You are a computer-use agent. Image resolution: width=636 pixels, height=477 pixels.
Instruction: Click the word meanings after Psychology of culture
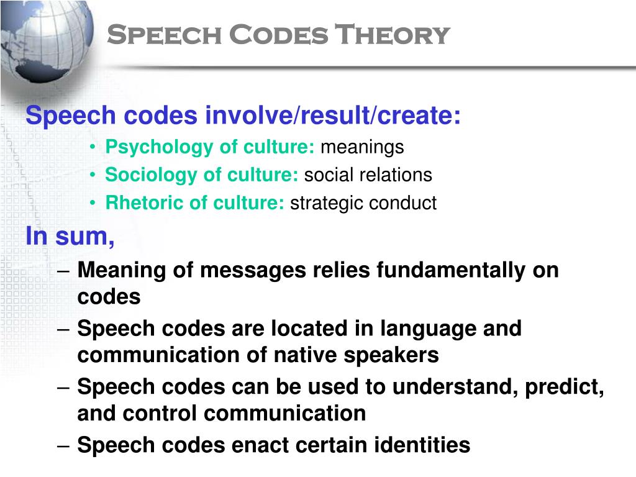362,148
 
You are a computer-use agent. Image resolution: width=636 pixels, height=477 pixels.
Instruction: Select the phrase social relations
368,175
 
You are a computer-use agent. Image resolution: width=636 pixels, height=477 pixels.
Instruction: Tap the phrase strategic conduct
363,203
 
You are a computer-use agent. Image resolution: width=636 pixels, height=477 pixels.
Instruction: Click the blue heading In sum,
70,237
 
